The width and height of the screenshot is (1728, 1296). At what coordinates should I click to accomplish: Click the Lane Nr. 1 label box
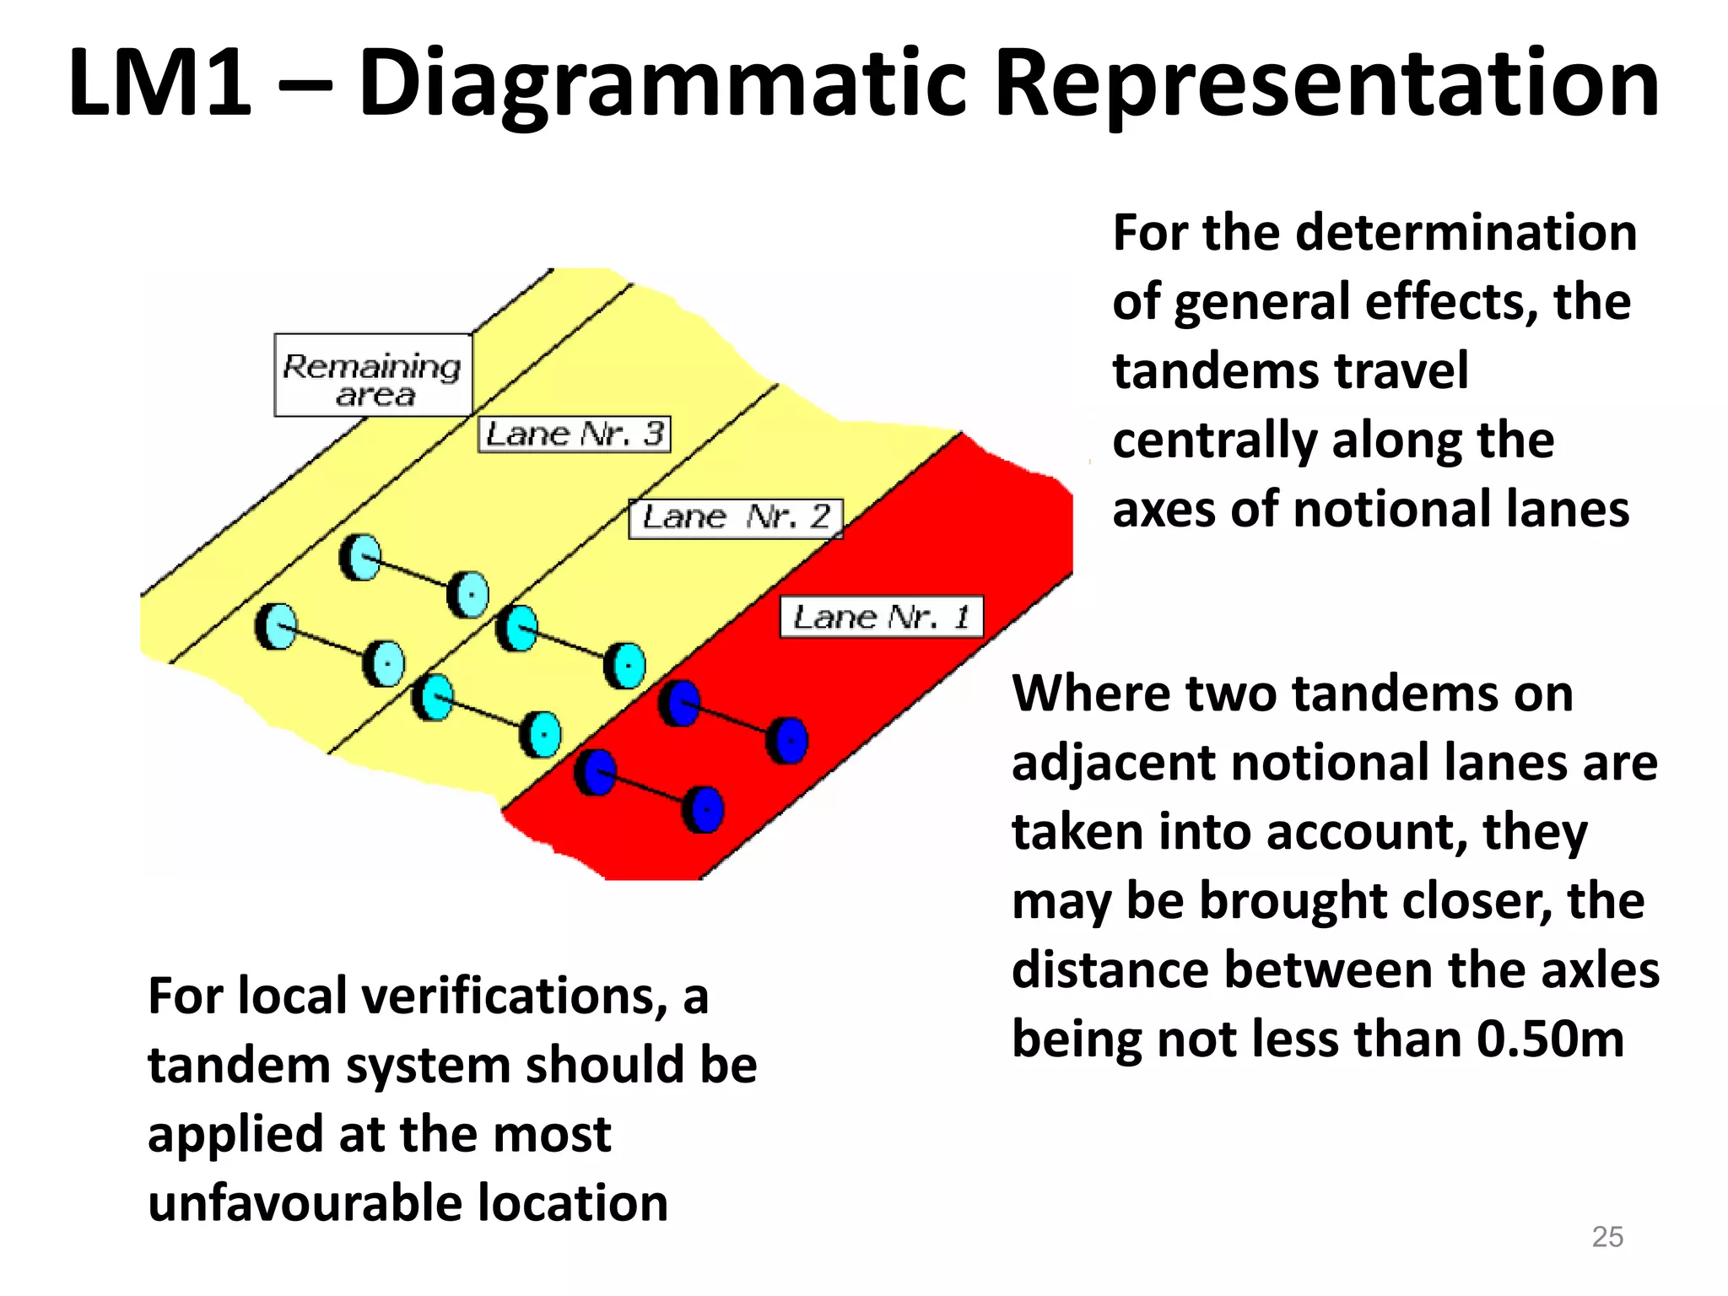point(881,617)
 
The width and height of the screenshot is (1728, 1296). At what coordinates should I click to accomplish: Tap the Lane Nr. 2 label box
point(736,518)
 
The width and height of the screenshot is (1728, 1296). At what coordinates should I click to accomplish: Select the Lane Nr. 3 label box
point(575,435)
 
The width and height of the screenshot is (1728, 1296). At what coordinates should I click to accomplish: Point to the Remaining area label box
point(373,375)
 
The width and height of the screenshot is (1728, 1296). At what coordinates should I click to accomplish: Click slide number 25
point(1606,1236)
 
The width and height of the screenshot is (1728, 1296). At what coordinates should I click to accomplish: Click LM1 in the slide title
point(159,84)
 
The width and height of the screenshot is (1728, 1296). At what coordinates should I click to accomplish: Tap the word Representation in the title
point(1326,84)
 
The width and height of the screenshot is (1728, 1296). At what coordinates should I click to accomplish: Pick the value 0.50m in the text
point(1550,1039)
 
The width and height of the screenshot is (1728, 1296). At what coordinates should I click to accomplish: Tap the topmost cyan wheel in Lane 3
point(361,558)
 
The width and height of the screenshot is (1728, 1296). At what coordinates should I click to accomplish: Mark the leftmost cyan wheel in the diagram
point(277,626)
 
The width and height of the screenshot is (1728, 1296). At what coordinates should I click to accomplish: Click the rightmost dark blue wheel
point(788,741)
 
